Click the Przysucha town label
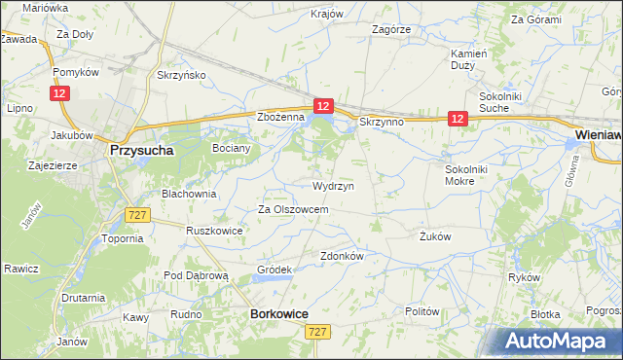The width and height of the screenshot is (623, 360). click(x=141, y=151)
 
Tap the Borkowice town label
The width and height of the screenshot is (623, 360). click(x=279, y=314)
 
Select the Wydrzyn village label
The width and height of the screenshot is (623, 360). click(x=333, y=185)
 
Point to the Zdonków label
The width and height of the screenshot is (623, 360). click(x=342, y=256)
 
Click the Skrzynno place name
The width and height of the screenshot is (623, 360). click(x=381, y=123)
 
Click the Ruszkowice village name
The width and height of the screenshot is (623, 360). click(x=213, y=232)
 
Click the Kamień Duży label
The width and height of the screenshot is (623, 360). click(x=468, y=60)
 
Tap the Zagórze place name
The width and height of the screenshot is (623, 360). click(x=391, y=29)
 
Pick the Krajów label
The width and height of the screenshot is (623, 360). click(x=327, y=14)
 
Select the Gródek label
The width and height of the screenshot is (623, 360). click(x=274, y=270)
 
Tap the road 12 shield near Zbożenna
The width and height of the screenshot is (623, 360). click(x=324, y=105)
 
